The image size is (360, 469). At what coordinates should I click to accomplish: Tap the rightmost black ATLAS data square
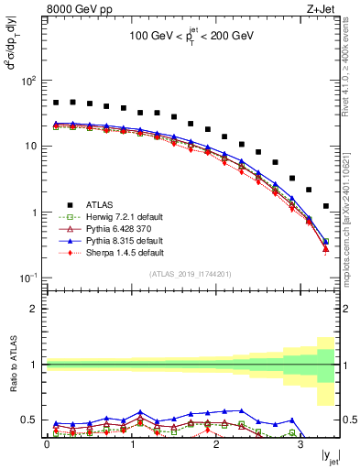(x=326, y=206)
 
